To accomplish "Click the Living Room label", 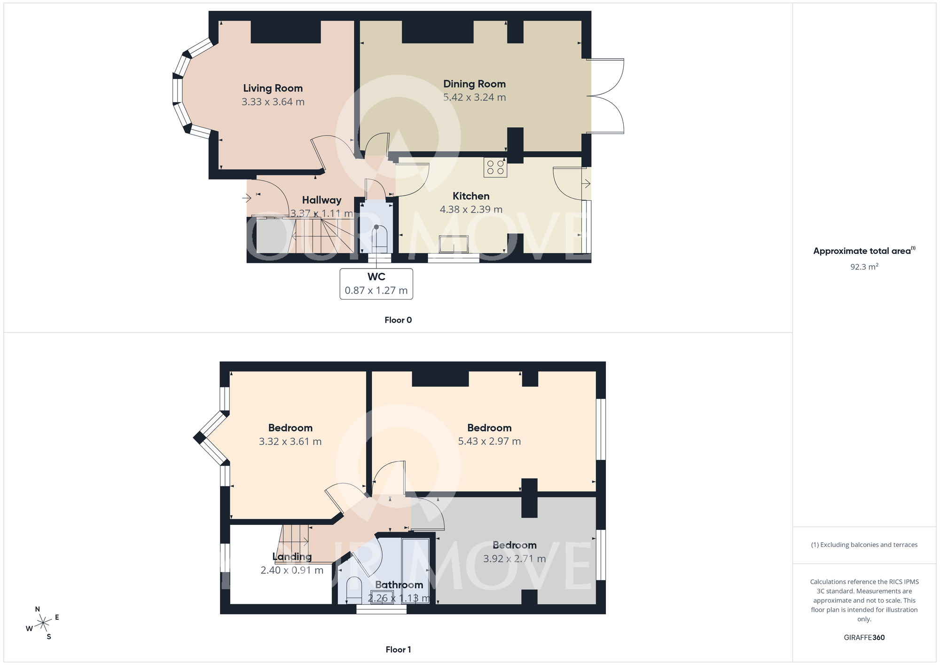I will coord(273,88).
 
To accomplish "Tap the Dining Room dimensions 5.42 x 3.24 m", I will coord(474,97).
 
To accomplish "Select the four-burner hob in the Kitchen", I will coord(495,167).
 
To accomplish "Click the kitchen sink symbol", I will coord(454,244).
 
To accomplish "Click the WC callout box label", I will coord(376,277).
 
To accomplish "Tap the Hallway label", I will coord(321,200).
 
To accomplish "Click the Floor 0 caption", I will coord(398,320).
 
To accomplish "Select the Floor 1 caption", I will coord(398,649).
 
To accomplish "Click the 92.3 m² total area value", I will coord(864,267).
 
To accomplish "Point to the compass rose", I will coord(43,623).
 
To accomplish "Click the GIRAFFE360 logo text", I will coord(864,638).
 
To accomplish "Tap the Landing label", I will coord(292,557).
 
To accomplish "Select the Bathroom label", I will coord(399,585).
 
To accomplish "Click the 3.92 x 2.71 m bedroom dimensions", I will coord(514,559).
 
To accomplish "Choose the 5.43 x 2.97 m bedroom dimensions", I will coord(489,441).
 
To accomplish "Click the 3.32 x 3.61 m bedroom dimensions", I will coord(290,442).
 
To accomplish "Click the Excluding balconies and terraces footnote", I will coord(864,545).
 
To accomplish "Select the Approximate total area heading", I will coord(862,251).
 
